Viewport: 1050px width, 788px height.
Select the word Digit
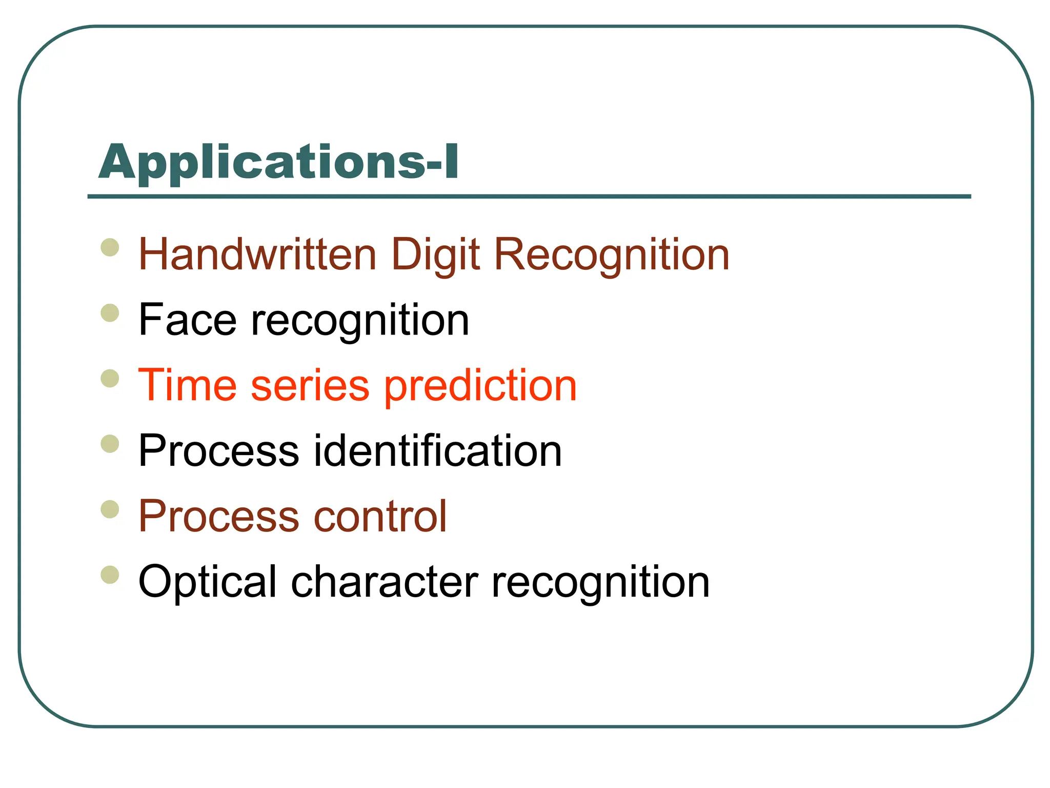coord(435,255)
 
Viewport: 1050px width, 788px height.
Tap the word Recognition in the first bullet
coord(612,255)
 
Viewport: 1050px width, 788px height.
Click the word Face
coord(188,320)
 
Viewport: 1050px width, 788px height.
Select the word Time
coord(188,385)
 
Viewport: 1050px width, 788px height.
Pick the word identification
coord(438,450)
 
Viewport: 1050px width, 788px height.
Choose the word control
coord(380,516)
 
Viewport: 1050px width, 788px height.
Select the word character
coord(385,582)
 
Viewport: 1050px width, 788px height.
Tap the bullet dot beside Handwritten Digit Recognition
coord(110,247)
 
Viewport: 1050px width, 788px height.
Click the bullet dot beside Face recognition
coord(110,313)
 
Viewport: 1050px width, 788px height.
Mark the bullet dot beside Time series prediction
coord(110,379)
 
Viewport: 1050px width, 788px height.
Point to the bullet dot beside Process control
coord(110,509)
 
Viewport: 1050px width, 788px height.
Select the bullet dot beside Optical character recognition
coord(110,575)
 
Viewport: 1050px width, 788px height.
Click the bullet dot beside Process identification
coord(110,444)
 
